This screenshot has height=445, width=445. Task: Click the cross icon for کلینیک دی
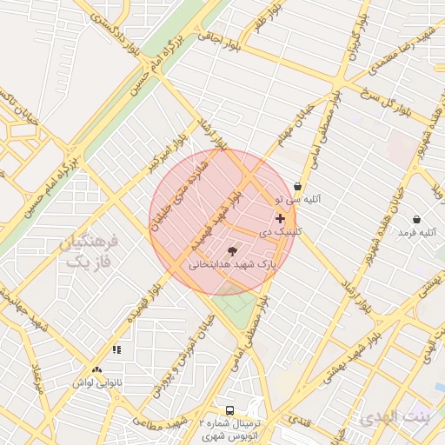point(279,219)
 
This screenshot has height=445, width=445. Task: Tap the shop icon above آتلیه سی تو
point(298,186)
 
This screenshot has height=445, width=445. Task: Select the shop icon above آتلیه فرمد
point(417,219)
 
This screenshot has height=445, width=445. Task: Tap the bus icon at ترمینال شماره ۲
point(229,409)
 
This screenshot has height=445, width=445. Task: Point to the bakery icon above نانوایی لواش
point(116,349)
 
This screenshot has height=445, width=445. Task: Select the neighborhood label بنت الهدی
point(395,417)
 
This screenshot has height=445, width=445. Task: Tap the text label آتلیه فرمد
point(416,233)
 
